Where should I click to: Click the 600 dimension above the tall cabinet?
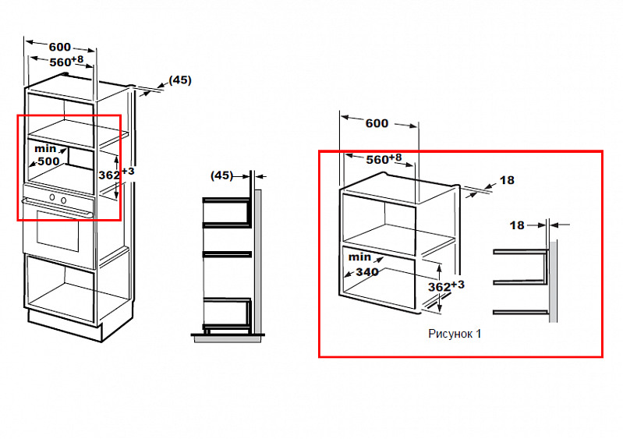59,47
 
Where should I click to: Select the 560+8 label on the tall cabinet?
66,62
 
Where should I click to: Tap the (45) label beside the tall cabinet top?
180,80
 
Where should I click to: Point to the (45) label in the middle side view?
221,175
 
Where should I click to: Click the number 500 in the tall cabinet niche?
48,161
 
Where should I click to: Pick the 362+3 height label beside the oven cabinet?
116,174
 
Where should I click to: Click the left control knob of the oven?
52,197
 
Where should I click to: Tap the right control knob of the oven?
64,200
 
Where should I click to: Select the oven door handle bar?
58,207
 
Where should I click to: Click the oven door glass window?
58,231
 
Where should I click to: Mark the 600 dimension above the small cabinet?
377,123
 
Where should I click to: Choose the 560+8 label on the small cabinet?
384,159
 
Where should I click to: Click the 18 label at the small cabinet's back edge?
507,180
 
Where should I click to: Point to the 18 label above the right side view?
517,225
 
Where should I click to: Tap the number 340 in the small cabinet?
367,272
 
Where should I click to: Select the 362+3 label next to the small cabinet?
446,286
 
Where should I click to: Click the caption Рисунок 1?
455,334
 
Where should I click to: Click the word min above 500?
45,149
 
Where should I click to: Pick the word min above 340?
359,257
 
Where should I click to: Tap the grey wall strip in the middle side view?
258,261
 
